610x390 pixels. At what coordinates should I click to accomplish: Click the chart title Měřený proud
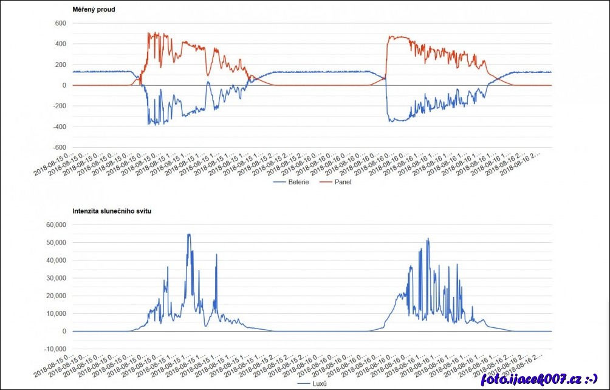[93, 10]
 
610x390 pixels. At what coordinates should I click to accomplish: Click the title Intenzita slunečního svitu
[112, 211]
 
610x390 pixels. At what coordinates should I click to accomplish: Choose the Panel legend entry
[343, 182]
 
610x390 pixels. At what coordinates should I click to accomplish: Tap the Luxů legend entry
[319, 383]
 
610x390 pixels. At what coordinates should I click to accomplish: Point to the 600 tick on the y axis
[60, 24]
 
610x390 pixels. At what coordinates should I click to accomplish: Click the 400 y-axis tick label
[60, 44]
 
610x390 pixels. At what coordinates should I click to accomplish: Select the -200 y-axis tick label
[59, 106]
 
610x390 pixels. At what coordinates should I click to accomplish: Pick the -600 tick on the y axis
[59, 148]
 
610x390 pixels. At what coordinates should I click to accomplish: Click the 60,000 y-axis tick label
[56, 225]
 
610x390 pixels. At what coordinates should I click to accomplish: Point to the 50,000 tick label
[56, 243]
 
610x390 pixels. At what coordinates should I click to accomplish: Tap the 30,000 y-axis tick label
[56, 278]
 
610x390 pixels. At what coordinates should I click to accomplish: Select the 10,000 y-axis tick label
[56, 314]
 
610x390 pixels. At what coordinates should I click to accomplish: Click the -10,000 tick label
[55, 349]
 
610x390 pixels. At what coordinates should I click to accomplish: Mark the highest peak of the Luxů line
[189, 234]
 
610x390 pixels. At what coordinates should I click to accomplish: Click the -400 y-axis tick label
[59, 127]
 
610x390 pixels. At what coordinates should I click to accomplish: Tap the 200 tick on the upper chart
[60, 65]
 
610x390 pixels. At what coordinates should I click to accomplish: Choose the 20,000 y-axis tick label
[56, 296]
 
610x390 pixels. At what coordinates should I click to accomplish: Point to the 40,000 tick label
[56, 260]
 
